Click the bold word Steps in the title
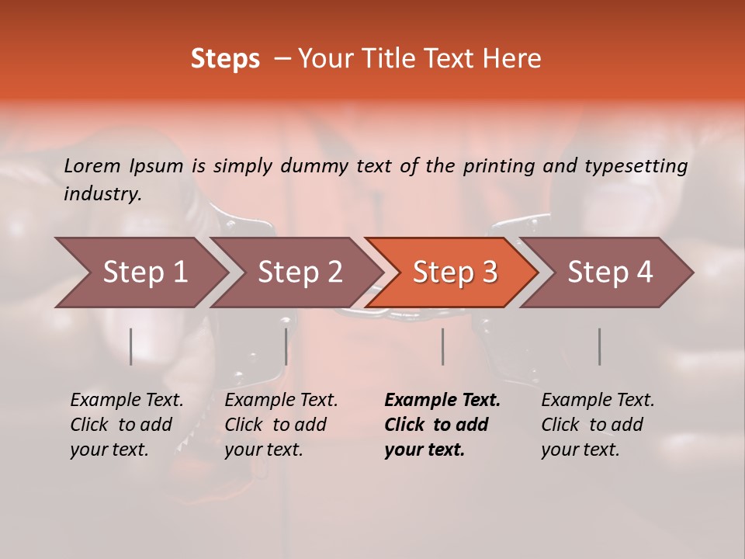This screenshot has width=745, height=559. (x=225, y=58)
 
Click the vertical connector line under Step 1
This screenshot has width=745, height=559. (x=131, y=346)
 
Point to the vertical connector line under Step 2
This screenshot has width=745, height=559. (x=286, y=346)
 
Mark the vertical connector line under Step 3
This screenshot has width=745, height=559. (x=442, y=346)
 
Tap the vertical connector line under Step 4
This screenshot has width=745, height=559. (x=599, y=346)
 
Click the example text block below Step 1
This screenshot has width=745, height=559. (x=126, y=425)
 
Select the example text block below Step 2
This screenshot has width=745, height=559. (x=281, y=425)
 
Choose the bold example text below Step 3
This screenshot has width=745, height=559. (x=442, y=425)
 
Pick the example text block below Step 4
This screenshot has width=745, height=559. (x=598, y=425)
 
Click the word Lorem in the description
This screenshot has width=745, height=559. (x=92, y=166)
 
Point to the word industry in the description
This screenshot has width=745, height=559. (x=102, y=194)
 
